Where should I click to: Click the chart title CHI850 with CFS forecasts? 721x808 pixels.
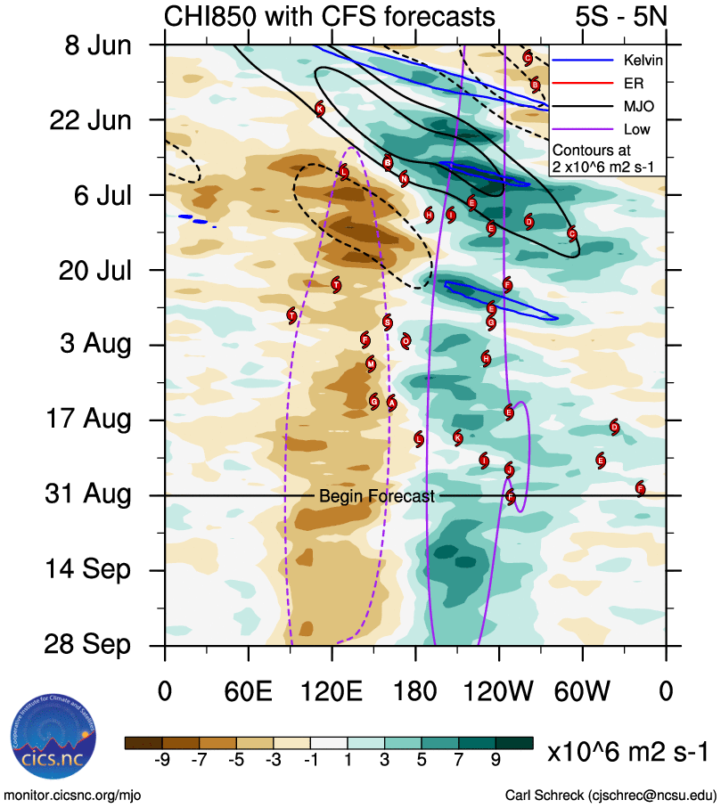(329, 16)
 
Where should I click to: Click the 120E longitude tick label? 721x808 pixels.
(332, 690)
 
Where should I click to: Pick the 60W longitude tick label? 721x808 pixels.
(583, 690)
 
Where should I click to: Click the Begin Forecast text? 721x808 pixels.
(377, 496)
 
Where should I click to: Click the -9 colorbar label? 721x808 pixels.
(162, 760)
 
